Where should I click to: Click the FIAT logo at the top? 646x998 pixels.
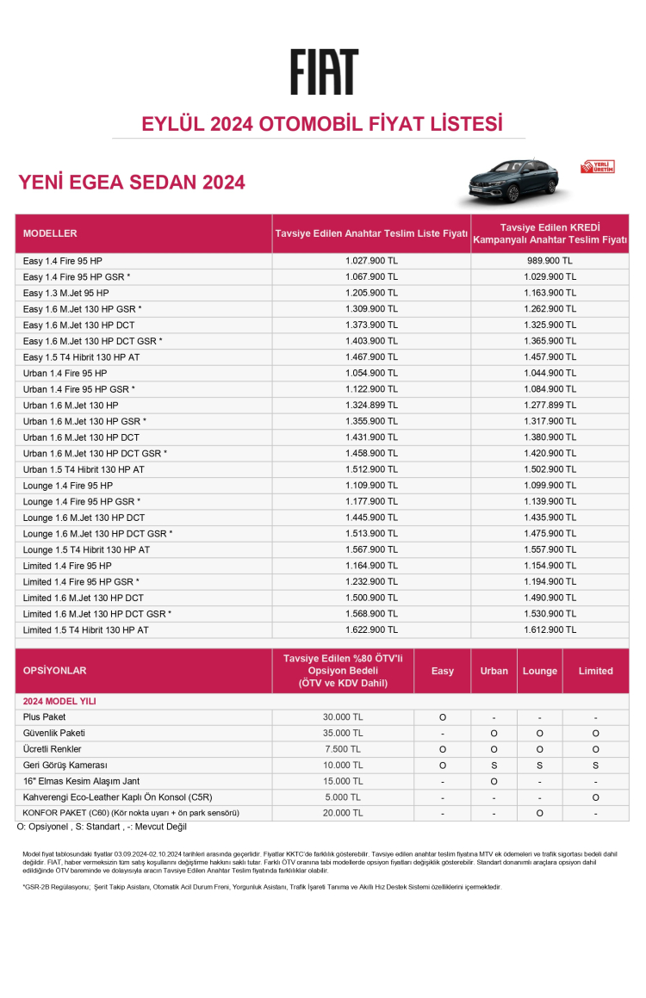(x=323, y=72)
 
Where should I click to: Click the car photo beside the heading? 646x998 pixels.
(x=513, y=182)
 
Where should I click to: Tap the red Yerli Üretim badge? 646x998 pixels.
(x=598, y=166)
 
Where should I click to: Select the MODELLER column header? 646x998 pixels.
(x=50, y=233)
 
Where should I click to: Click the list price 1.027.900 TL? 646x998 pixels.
(x=371, y=261)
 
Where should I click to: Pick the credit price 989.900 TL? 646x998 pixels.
(x=550, y=261)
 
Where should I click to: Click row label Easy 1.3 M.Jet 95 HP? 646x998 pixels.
(x=66, y=293)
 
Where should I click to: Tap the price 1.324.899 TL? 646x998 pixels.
(x=371, y=405)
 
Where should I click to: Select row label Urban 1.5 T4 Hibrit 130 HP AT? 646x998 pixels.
(x=84, y=469)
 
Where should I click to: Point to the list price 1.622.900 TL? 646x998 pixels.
(x=371, y=630)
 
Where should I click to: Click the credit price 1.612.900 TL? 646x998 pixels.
(x=550, y=630)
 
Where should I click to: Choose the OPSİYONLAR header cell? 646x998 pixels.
(x=55, y=671)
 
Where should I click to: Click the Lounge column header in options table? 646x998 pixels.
(x=539, y=671)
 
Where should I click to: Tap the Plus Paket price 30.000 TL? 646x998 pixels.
(x=343, y=717)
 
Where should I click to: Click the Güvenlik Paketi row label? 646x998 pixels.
(x=54, y=733)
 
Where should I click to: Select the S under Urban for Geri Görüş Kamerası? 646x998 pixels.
(x=494, y=765)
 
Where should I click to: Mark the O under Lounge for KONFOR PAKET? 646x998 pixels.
(x=539, y=813)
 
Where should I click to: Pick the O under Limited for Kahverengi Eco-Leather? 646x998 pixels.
(x=595, y=797)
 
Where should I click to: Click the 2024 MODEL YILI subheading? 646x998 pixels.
(x=59, y=702)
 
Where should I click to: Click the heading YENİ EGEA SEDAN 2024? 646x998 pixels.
(x=132, y=183)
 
